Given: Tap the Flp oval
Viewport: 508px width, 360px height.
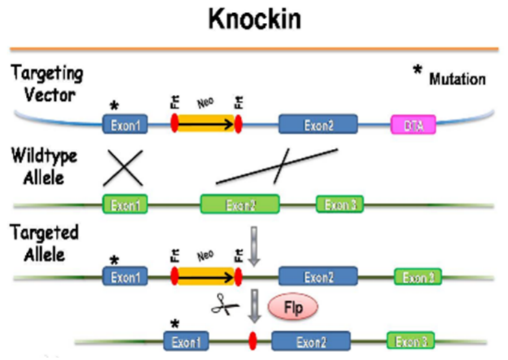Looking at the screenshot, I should click(292, 308).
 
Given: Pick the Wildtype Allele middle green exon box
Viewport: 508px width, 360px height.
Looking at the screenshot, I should click(240, 205).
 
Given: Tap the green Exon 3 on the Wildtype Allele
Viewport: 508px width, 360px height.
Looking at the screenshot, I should click(340, 205).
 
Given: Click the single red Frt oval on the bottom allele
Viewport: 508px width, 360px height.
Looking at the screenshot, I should click(253, 342).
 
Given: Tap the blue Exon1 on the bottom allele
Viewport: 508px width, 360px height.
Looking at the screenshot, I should click(187, 342).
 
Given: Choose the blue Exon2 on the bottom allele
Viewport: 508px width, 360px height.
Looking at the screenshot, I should click(310, 342).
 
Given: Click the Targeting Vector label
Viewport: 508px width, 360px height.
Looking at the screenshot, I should click(47, 84).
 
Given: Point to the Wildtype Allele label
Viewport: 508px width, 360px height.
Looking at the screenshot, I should click(44, 167).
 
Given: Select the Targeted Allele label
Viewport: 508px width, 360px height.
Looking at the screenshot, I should click(44, 243).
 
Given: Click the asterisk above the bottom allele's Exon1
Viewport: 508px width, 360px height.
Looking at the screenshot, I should click(175, 323).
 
